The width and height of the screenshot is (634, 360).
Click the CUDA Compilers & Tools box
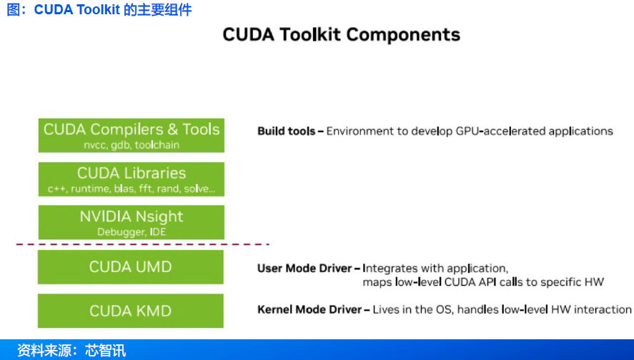tap(132, 135)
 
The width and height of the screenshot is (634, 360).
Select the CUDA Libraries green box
tap(132, 179)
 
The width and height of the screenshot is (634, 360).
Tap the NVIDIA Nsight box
tap(132, 222)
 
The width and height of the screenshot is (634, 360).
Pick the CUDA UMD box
tap(131, 266)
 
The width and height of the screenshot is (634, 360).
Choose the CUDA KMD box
tap(131, 311)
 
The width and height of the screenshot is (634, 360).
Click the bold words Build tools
tap(286, 131)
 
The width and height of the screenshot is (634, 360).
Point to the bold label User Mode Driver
tap(304, 269)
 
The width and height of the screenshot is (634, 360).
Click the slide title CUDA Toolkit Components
tap(341, 34)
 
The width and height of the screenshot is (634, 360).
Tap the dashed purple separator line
tap(143, 244)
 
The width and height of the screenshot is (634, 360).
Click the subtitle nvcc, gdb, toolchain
tap(132, 145)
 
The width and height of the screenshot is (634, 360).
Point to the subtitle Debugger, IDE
tap(132, 232)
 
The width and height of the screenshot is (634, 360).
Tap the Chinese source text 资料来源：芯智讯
tap(71, 351)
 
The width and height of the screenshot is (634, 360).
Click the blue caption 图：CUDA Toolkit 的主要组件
tap(99, 10)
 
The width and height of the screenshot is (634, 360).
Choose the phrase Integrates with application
tap(435, 269)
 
